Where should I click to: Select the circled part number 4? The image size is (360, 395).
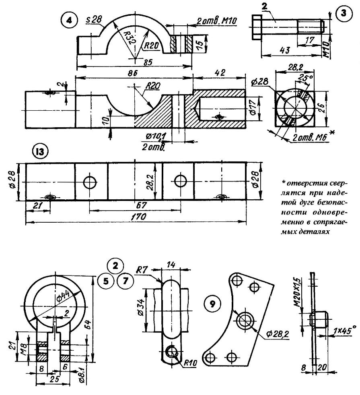coord(69,21)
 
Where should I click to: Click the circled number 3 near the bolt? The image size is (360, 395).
coord(344,13)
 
